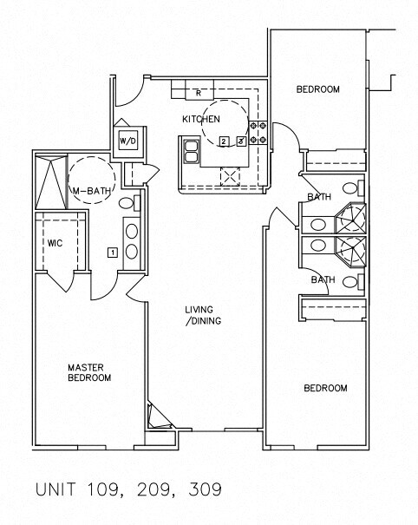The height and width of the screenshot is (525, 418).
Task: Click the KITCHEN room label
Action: coord(201,119)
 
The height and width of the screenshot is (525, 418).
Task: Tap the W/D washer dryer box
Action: coord(128,141)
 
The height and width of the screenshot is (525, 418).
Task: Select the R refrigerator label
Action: coord(199,93)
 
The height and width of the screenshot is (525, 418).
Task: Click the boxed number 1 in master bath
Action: coord(113,253)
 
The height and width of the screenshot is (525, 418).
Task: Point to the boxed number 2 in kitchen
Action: coord(224,141)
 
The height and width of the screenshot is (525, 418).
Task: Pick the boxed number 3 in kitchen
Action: coord(241,141)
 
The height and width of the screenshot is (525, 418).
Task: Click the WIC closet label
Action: coord(55,243)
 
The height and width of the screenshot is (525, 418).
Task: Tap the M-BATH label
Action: coord(92,191)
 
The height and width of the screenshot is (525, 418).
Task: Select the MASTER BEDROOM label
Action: coord(89,372)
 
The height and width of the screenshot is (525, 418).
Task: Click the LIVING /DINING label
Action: coord(203,315)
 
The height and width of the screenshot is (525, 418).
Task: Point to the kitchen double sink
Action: coord(191,152)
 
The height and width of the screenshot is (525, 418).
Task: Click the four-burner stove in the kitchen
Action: coord(258,132)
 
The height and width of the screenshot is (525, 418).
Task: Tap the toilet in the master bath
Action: coord(129,203)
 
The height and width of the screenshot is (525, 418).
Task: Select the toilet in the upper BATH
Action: coord(354,187)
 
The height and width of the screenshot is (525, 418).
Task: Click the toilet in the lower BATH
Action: coord(354,281)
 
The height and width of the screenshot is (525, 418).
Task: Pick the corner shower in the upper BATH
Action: coord(350,218)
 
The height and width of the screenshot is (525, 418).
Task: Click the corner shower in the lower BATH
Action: coord(350,252)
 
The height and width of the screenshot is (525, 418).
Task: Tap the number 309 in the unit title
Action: coord(206,489)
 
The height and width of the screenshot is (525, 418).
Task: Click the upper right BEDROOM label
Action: coord(318,89)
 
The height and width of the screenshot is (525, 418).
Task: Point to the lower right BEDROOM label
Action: coord(325,388)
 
